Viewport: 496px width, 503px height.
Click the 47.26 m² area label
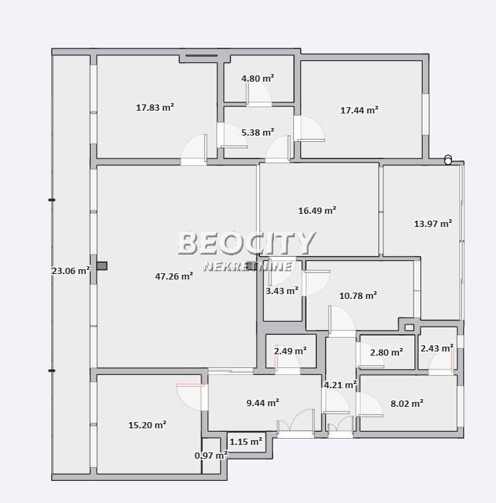pos(174,276)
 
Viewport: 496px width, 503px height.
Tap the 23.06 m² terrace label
pos(71,271)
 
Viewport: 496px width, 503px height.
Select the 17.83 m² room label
pos(155,107)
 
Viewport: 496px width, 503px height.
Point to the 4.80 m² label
pos(257,78)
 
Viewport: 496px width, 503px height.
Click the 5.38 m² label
pos(257,132)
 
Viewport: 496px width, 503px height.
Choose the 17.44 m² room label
pos(359,110)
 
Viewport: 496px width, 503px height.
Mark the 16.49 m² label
pos(318,210)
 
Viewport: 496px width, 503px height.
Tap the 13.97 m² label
pos(433,223)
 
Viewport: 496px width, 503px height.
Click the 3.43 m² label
pos(282,291)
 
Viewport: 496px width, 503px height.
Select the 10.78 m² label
pos(358,295)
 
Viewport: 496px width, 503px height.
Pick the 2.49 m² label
pos(291,351)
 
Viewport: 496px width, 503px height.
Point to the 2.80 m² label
pos(387,352)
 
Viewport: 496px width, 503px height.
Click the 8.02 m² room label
pos(407,403)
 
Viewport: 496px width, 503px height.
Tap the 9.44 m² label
pos(263,403)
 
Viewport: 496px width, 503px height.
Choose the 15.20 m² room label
pos(147,425)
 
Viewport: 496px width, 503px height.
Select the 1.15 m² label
pos(246,441)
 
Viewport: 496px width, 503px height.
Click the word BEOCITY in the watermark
pos(247,243)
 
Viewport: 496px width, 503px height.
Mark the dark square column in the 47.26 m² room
pos(102,266)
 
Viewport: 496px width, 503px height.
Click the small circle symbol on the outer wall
pos(448,160)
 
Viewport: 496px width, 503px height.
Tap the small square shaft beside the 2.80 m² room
pos(409,327)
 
